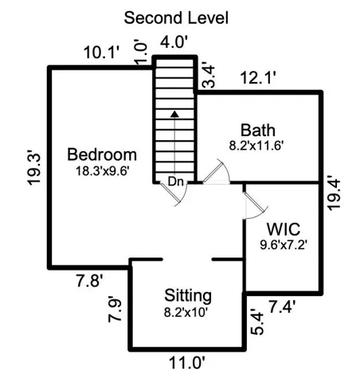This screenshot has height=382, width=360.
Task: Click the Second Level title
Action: click(176, 18)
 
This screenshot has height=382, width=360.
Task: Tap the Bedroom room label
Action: click(102, 154)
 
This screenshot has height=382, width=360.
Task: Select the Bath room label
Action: click(258, 131)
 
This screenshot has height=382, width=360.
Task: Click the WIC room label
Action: click(284, 229)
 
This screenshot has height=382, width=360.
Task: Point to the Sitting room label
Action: click(188, 296)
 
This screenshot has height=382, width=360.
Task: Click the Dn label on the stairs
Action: click(176, 182)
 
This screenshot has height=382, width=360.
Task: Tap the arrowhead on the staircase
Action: click(174, 114)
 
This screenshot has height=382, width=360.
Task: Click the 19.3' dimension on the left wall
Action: click(34, 169)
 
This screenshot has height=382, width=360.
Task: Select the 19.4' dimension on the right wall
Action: click(334, 193)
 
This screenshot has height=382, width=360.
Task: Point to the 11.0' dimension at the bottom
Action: click(187, 363)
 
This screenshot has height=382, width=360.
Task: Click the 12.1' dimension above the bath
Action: click(258, 78)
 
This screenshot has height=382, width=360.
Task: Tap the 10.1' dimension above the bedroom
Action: click(102, 53)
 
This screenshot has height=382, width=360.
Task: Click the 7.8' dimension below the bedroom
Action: click(90, 281)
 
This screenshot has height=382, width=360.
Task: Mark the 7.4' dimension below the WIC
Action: click(282, 306)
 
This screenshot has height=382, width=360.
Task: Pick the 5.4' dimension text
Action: click(256, 322)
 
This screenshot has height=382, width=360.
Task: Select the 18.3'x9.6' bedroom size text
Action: click(103, 171)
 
